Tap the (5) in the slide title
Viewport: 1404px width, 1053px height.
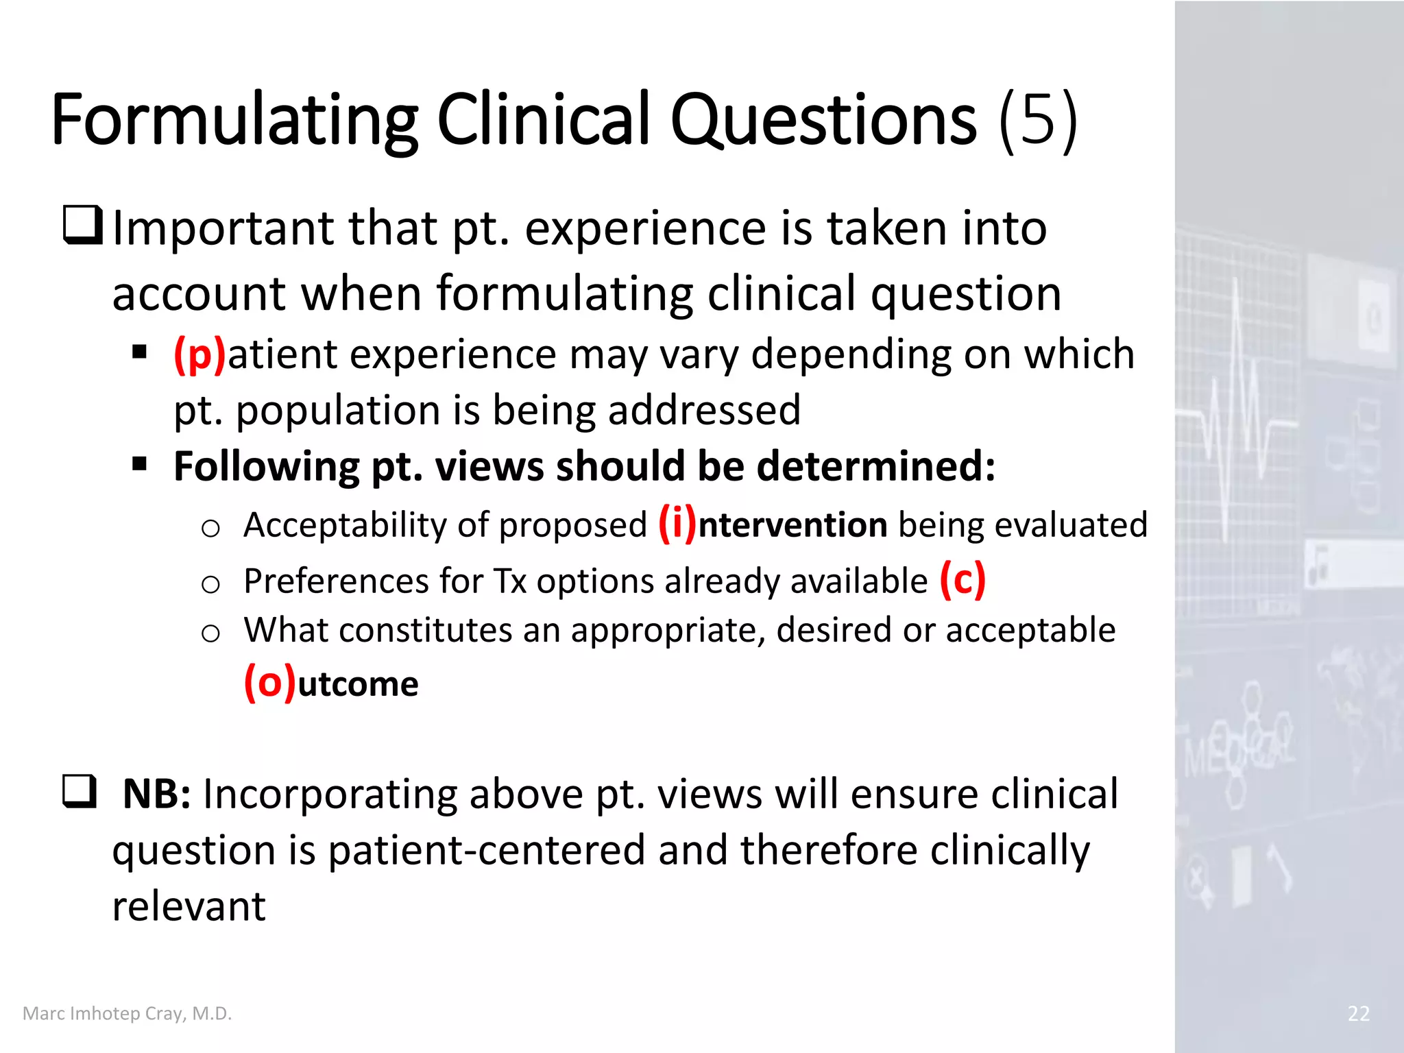pos(1038,120)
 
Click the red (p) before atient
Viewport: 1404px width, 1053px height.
pos(199,355)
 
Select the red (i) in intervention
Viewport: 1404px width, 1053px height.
pos(677,524)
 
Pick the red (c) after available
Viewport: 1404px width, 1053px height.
pos(963,580)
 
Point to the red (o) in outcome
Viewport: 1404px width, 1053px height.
pos(270,683)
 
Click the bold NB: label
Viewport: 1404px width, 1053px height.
pos(156,795)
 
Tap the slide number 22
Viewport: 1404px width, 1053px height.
pos(1358,1013)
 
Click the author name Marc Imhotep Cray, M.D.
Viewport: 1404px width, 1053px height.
pos(128,1013)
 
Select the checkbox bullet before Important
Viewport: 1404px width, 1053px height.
pos(83,226)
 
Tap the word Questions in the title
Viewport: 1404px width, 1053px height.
pos(823,120)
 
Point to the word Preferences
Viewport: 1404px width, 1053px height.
pos(336,581)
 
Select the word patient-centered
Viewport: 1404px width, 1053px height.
pos(487,850)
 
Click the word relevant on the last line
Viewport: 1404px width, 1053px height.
pos(189,906)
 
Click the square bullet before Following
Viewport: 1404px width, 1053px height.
pos(140,464)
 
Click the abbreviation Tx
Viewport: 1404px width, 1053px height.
pos(510,581)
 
